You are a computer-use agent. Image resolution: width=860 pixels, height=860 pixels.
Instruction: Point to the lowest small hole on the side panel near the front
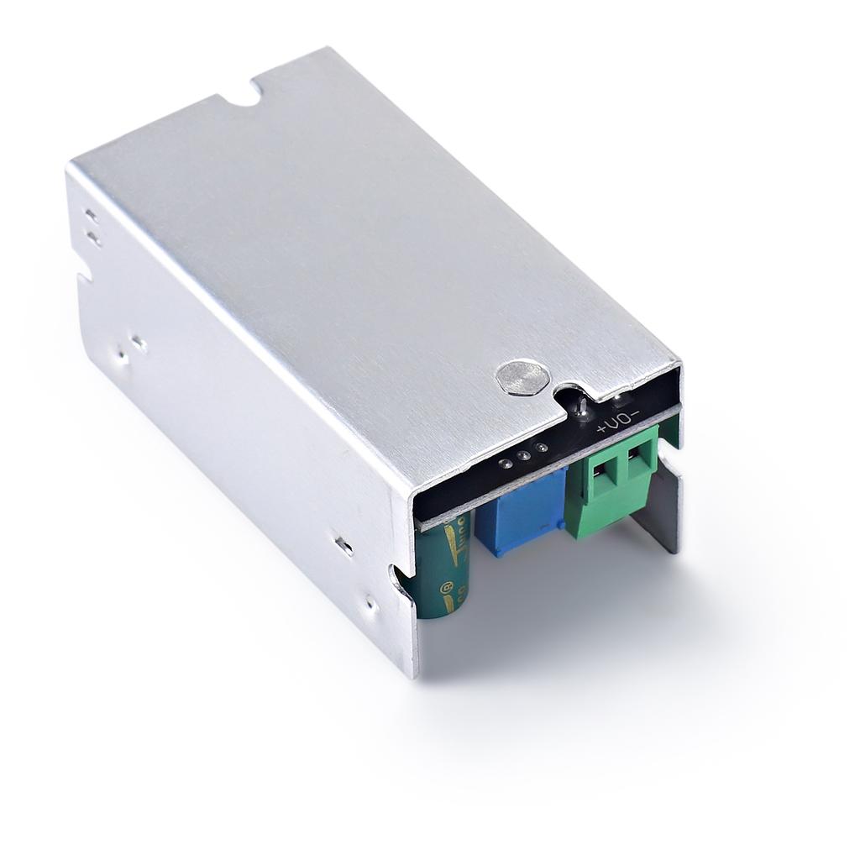[370, 601]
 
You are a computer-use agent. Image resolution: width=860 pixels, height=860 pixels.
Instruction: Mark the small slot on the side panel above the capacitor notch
[343, 545]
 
